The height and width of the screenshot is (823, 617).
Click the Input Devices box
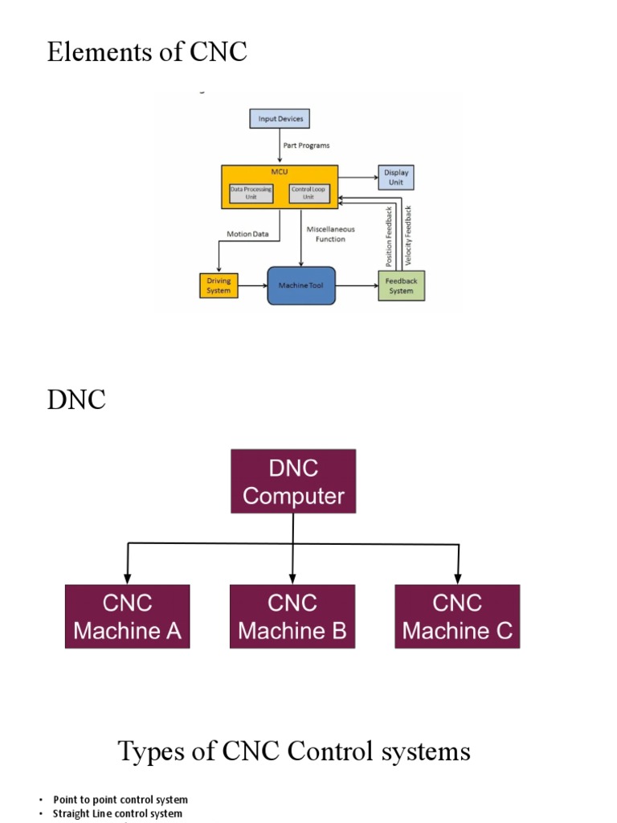pos(279,119)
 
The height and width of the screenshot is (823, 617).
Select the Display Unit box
pos(396,177)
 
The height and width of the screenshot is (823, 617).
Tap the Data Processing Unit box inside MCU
pos(251,193)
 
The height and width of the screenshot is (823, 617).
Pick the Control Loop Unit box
pos(308,193)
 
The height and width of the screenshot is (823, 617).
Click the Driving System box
pos(219,285)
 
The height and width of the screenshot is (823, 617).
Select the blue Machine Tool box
pos(300,285)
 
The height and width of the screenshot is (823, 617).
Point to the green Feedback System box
pos(401,285)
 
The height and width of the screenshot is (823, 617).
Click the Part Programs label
pos(307,145)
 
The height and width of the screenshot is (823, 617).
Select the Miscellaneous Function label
pos(330,234)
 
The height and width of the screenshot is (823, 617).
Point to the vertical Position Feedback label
pos(390,237)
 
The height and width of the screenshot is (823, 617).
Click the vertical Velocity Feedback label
pos(409,237)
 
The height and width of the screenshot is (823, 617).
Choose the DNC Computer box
pos(292,481)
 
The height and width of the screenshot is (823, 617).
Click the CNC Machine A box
pos(127,616)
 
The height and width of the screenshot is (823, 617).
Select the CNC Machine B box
pos(292,616)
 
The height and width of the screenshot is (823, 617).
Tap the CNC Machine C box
pos(457,616)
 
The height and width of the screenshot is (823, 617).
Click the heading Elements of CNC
pos(147,52)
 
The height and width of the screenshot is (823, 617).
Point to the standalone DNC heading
pos(76,399)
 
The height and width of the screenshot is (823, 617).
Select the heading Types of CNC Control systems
pos(294,751)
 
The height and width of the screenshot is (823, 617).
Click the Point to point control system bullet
pos(121,800)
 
